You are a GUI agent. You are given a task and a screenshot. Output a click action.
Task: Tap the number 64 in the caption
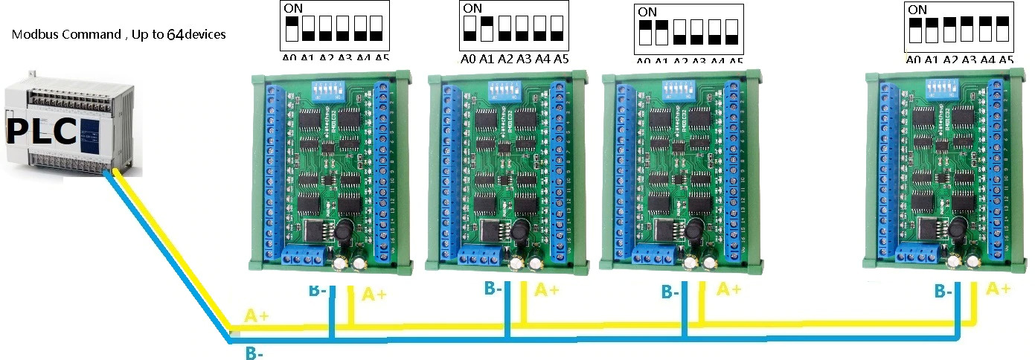pyautogui.click(x=173, y=34)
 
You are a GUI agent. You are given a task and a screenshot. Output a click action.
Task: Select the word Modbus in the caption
pyautogui.click(x=34, y=35)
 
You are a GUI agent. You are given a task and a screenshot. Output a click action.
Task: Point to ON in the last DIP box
pyautogui.click(x=917, y=10)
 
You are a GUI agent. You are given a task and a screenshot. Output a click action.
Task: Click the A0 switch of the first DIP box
pyautogui.click(x=292, y=28)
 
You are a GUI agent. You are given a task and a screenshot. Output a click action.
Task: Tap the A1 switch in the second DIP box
pyautogui.click(x=487, y=28)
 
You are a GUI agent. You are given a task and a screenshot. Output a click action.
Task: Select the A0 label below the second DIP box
pyautogui.click(x=468, y=59)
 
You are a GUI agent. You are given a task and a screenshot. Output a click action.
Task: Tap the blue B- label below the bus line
pyautogui.click(x=254, y=354)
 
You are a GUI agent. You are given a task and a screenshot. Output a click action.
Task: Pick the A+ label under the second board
pyautogui.click(x=547, y=289)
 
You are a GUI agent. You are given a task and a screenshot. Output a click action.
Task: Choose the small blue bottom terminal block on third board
pyautogui.click(x=653, y=256)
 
